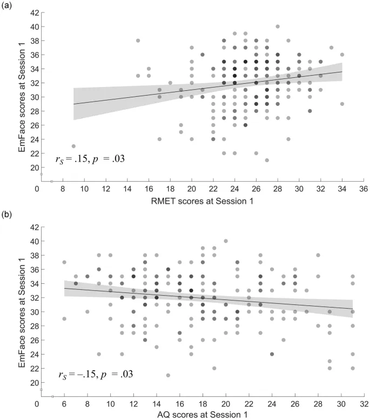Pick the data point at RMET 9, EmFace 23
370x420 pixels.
[73, 146]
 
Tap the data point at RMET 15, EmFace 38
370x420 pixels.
[138, 41]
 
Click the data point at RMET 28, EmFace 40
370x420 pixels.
[278, 26]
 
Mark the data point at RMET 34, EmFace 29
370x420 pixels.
[342, 104]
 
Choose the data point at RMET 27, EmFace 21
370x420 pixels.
[267, 160]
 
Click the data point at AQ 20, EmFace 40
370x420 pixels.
[226, 241]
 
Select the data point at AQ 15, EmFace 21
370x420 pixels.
[168, 375]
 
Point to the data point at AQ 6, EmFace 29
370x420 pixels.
[65, 318]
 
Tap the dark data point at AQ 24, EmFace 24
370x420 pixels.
[272, 354]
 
